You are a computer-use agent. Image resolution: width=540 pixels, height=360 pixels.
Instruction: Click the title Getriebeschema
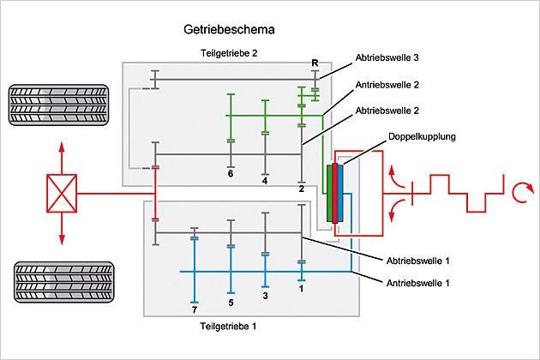click(x=229, y=30)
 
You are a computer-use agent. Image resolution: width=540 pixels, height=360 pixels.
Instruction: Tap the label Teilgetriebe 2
click(x=229, y=53)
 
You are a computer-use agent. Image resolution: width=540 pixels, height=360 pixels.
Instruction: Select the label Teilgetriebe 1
click(x=228, y=326)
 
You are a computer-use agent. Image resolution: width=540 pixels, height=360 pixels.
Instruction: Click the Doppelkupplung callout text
click(x=422, y=137)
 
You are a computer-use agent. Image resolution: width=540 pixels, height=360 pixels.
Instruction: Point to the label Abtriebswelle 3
click(x=387, y=57)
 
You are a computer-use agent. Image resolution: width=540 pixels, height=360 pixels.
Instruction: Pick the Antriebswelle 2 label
click(x=387, y=85)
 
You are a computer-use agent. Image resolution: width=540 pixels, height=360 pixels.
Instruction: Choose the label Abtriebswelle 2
click(x=387, y=111)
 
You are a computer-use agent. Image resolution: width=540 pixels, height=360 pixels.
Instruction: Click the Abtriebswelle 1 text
click(x=418, y=261)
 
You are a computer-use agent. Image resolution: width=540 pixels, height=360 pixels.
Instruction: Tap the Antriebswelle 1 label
click(x=418, y=283)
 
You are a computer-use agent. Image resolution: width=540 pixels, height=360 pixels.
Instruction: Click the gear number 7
click(x=195, y=310)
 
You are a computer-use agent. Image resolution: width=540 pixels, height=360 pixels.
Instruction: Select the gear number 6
click(x=231, y=173)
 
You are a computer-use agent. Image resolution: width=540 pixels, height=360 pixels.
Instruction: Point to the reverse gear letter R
click(x=315, y=63)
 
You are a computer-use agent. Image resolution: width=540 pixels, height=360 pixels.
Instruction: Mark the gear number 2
click(x=302, y=189)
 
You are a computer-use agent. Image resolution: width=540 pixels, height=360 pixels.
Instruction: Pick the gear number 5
click(x=231, y=303)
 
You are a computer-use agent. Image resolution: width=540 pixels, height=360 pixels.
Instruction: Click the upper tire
click(x=58, y=105)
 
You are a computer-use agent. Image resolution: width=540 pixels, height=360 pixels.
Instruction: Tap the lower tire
click(x=63, y=283)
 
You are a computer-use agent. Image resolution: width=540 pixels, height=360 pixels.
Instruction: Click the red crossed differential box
click(x=62, y=193)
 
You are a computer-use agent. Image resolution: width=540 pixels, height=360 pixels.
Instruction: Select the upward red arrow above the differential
click(x=62, y=158)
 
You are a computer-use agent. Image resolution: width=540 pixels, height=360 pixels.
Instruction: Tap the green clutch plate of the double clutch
click(x=330, y=193)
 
